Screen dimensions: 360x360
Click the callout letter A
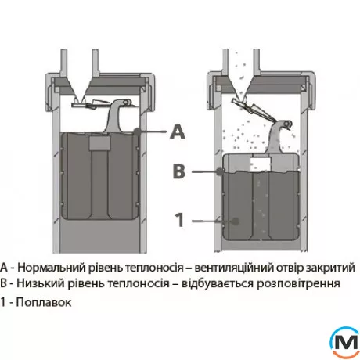pos(178,131)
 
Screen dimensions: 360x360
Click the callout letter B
pos(179,171)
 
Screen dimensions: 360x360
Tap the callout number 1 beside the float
pos(180,220)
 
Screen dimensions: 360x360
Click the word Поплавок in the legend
pos(44,302)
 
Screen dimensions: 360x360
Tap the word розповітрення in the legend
pos(298,284)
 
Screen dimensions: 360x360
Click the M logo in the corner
pos(345,343)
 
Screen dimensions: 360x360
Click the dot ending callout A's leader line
pos(137,131)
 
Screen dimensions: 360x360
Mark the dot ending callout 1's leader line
pos(236,221)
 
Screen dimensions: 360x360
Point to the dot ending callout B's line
pos(221,171)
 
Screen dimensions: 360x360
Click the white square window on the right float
pos(261,164)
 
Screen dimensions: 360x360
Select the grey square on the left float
pos(99,143)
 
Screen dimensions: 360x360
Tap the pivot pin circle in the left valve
pos(126,102)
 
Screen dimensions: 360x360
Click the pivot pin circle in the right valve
pos(286,123)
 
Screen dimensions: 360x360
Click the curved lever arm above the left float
pos(113,117)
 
